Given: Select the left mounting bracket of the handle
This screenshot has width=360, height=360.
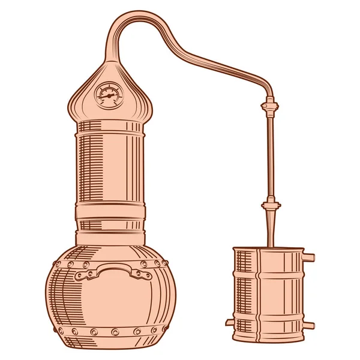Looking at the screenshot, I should (84, 274).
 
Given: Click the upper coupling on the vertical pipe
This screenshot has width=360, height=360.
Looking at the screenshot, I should (269, 107).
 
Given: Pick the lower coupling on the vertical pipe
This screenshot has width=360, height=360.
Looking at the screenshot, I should (269, 206).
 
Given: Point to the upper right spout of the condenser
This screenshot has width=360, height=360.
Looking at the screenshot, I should (308, 257).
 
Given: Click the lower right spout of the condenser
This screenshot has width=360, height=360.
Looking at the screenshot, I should (308, 325).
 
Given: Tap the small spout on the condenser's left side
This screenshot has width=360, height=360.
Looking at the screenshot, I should (230, 322).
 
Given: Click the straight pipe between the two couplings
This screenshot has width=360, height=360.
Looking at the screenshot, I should (269, 156).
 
